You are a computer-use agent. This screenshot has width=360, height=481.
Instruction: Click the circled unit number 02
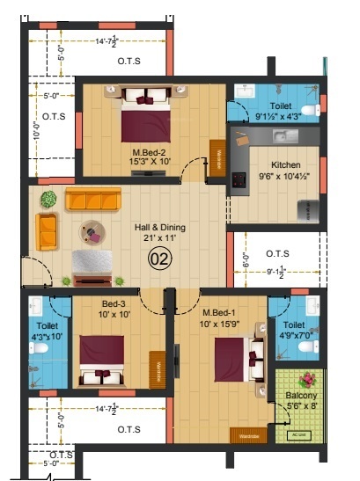click(x=159, y=259)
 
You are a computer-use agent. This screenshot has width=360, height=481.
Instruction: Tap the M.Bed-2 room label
click(x=149, y=151)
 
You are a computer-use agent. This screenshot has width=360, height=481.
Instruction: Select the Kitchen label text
click(x=286, y=164)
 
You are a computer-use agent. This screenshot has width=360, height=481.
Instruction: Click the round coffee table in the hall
click(x=91, y=233)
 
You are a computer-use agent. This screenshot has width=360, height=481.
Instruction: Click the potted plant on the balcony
click(x=307, y=381)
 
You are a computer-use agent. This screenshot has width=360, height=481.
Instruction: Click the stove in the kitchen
click(x=238, y=179)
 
